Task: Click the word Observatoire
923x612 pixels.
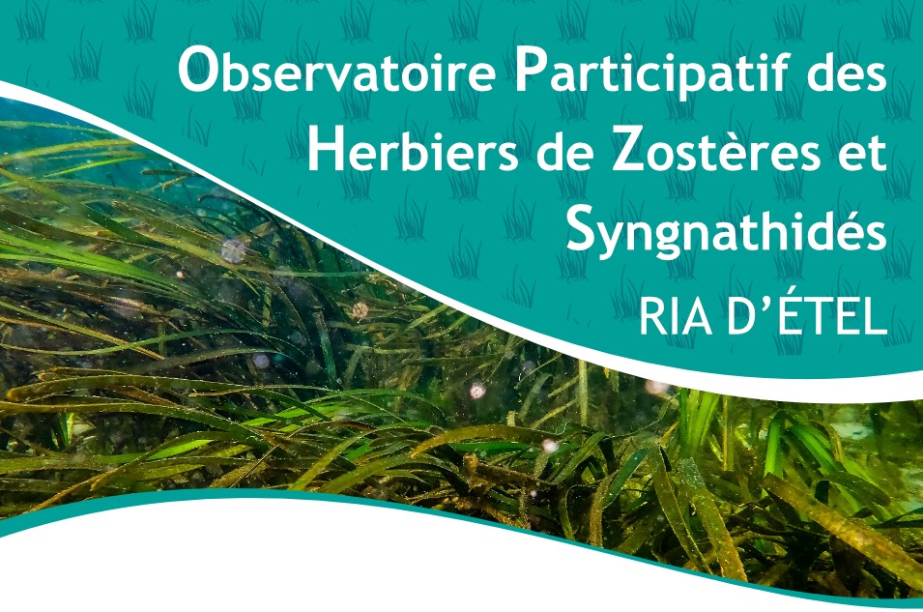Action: click(337, 72)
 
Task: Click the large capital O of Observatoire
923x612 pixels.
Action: click(197, 72)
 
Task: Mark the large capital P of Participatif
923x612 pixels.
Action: click(530, 72)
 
